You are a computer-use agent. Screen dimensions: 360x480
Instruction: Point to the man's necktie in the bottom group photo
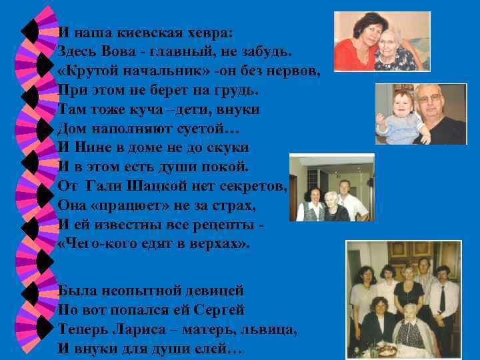pos(441,299)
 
